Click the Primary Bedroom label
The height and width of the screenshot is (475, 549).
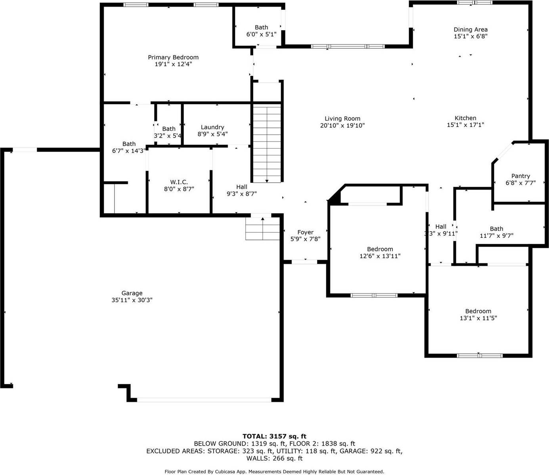tap(173, 57)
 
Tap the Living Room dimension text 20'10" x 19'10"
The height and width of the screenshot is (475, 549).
tap(342, 126)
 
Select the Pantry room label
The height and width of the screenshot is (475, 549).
tap(520, 176)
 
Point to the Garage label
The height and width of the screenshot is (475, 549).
tap(132, 293)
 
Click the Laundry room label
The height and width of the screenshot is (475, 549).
tap(212, 127)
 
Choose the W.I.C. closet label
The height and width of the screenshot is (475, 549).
tap(179, 182)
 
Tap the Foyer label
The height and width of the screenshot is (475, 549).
tap(305, 232)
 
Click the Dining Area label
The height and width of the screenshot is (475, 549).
tap(471, 30)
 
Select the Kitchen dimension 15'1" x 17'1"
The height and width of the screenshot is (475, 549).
tap(465, 125)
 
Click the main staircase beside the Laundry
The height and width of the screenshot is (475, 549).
tap(267, 143)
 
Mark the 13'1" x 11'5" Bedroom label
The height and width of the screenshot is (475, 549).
tap(478, 311)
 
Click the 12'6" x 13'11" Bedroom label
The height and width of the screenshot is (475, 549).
tap(380, 249)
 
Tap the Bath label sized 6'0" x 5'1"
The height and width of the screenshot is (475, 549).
tap(261, 27)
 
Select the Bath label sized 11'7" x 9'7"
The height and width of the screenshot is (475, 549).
tap(496, 229)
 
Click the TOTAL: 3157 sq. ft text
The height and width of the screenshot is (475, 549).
tap(274, 437)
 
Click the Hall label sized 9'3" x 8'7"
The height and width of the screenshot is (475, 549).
tap(241, 187)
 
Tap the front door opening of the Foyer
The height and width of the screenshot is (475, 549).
tap(304, 262)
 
